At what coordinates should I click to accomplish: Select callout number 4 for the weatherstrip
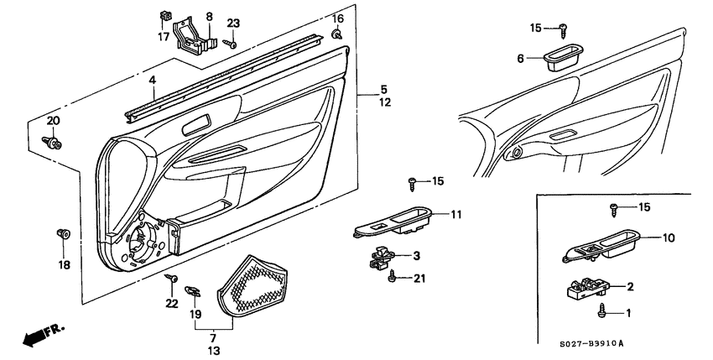(x=153, y=81)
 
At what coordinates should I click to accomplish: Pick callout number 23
(x=232, y=23)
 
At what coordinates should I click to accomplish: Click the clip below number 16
(x=336, y=34)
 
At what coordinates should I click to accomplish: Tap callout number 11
(x=455, y=215)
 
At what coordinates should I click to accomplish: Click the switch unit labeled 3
(x=383, y=258)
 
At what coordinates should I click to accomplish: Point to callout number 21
(x=420, y=279)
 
